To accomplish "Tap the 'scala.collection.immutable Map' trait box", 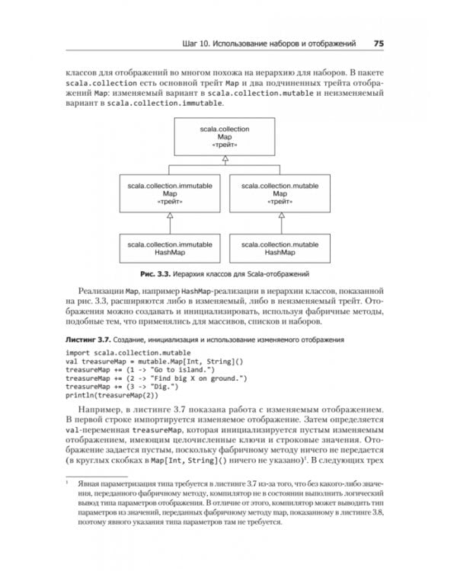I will tap(171, 193).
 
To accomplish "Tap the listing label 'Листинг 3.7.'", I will tap(88, 338).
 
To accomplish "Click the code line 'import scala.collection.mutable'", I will tap(119, 354).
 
